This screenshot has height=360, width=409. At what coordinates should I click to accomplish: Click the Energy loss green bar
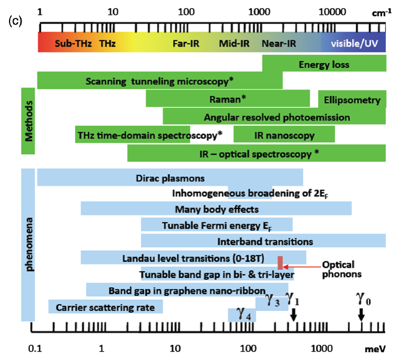click(324, 64)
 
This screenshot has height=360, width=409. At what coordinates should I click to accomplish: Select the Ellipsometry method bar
click(352, 99)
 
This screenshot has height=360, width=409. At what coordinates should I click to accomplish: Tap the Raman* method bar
click(227, 99)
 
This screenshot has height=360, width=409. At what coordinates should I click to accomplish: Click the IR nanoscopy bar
click(284, 135)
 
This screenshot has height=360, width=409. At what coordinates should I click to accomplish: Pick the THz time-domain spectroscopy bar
click(133, 135)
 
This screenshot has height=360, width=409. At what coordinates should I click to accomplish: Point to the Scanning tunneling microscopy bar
click(159, 81)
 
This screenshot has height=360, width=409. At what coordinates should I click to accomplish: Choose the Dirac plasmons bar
click(170, 178)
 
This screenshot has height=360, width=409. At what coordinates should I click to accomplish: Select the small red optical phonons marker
click(279, 262)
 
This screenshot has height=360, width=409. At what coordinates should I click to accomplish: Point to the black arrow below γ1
click(293, 315)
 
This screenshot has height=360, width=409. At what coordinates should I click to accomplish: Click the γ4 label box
click(242, 314)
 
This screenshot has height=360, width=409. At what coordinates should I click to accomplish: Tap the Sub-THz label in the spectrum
click(72, 43)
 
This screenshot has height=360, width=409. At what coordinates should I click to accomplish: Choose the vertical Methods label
click(28, 121)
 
